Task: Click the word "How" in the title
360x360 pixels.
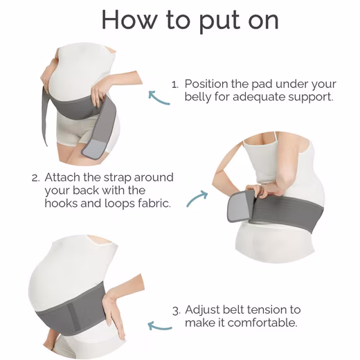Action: tap(129, 20)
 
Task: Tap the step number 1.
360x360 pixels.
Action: tap(174, 84)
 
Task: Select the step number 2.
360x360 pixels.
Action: tap(35, 178)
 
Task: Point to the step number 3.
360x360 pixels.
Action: tap(176, 310)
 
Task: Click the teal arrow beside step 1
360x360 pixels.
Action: tap(159, 98)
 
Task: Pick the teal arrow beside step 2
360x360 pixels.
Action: tap(197, 199)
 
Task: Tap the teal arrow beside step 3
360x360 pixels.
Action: tap(160, 327)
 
